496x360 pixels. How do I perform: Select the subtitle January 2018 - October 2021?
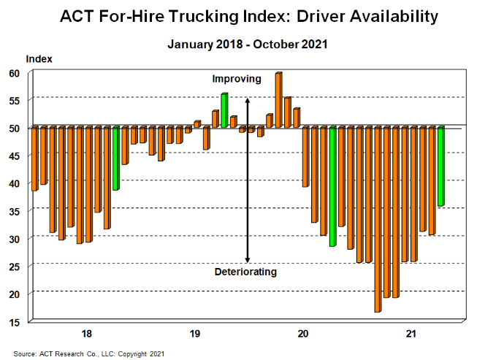(248, 44)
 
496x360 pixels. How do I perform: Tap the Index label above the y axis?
(39, 58)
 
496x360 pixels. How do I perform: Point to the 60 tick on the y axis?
(15, 73)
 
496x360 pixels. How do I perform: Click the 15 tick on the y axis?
(15, 321)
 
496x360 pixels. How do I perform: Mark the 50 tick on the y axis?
(15, 129)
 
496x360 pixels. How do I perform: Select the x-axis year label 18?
(87, 334)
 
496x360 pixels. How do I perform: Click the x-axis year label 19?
(195, 334)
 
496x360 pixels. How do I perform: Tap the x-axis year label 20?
(303, 334)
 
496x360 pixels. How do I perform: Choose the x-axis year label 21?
(411, 334)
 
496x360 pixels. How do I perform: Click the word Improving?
(236, 78)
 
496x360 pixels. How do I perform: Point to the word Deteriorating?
(245, 272)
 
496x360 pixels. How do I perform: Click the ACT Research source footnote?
(88, 354)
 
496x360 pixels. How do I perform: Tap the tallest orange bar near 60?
(278, 100)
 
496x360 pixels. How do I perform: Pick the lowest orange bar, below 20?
(378, 219)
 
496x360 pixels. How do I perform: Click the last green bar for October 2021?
(440, 166)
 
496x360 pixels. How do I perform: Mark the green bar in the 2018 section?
(115, 158)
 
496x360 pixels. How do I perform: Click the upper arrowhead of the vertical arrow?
(248, 101)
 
